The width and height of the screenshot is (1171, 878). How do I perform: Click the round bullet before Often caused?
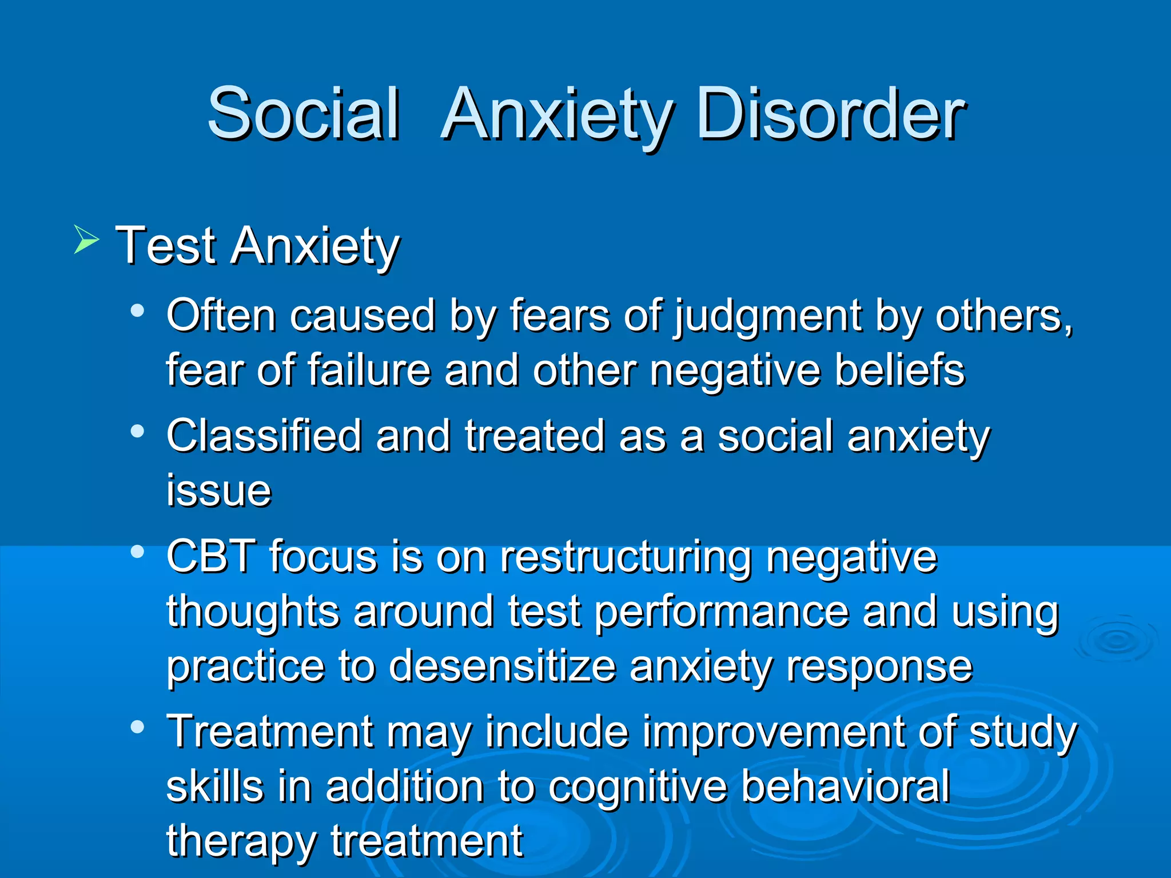tap(137, 312)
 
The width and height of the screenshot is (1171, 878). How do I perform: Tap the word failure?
tap(369, 370)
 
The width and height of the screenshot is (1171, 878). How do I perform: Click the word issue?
tap(218, 490)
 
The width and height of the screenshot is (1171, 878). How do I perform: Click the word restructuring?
tap(626, 557)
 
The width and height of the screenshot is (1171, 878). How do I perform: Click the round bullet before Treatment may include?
tap(137, 727)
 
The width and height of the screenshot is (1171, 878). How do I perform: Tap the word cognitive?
tap(638, 788)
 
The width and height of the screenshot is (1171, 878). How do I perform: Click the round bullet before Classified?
tap(137, 432)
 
